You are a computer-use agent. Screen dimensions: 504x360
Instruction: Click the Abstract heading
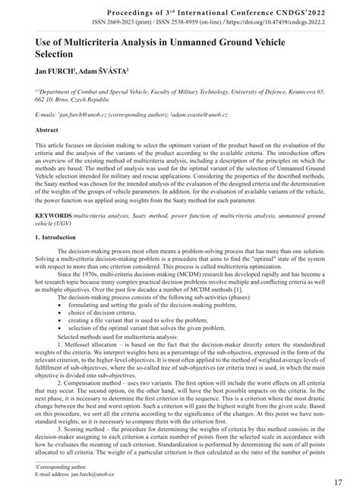pos(49,131)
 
